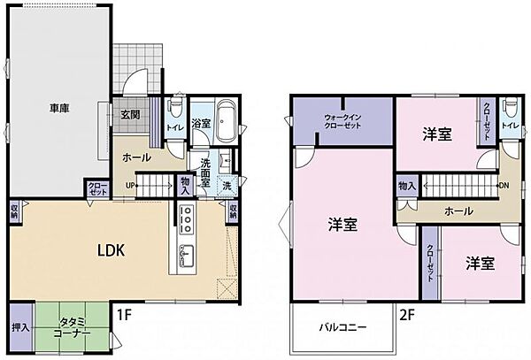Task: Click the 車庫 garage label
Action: (60, 109)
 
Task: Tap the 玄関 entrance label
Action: (131, 113)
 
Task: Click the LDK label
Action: (112, 249)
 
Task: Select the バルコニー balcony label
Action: (342, 327)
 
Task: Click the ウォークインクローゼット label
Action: (342, 120)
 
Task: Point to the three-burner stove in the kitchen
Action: (188, 218)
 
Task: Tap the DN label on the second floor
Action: (504, 185)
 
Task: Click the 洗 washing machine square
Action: (227, 186)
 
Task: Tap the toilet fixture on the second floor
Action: (509, 113)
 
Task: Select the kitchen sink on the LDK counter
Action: (187, 254)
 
